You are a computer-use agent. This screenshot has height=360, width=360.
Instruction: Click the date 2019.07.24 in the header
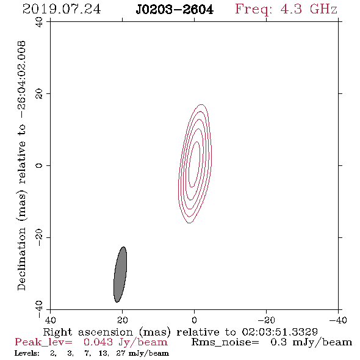pyautogui.click(x=62, y=9)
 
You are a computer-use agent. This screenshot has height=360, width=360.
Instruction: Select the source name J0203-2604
pyautogui.click(x=175, y=10)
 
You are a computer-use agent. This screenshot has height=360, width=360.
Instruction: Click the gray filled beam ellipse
pyautogui.click(x=120, y=275)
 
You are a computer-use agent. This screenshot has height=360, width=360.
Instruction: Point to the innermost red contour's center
pyautogui.click(x=195, y=164)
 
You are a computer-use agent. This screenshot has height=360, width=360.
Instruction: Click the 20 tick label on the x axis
pyautogui.click(x=123, y=320)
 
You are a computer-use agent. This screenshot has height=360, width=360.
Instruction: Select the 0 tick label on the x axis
pyautogui.click(x=194, y=320)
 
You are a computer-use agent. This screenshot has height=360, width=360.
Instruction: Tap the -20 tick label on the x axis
pyautogui.click(x=266, y=320)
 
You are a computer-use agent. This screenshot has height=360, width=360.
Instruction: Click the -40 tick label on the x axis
pyautogui.click(x=338, y=320)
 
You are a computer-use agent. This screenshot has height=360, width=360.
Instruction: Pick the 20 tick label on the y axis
pyautogui.click(x=39, y=94)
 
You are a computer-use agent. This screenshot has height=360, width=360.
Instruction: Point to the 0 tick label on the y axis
pyautogui.click(x=39, y=165)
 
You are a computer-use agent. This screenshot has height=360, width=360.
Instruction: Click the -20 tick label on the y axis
pyautogui.click(x=39, y=237)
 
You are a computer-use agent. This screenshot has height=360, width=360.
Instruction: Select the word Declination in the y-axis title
pyautogui.click(x=21, y=259)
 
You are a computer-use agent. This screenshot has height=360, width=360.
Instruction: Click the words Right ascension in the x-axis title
pyautogui.click(x=88, y=332)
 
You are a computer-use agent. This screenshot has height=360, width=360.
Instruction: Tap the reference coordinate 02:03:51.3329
pyautogui.click(x=279, y=332)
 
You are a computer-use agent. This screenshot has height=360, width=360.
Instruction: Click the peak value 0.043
pyautogui.click(x=98, y=342)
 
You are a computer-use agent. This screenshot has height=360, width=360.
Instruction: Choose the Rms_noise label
pyautogui.click(x=225, y=342)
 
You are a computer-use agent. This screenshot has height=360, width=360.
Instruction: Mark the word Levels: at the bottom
pyautogui.click(x=27, y=353)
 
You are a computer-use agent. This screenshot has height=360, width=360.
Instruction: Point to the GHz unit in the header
pyautogui.click(x=323, y=9)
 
